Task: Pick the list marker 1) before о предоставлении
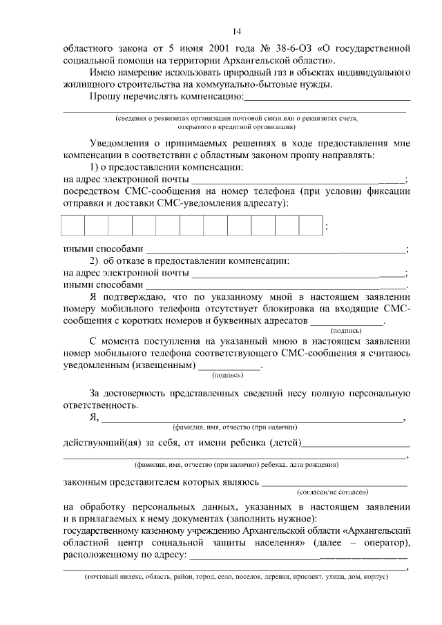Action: [x=96, y=168]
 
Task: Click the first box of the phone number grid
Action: [x=74, y=227]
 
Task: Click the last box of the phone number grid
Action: [x=311, y=227]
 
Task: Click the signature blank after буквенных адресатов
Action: [x=346, y=322]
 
